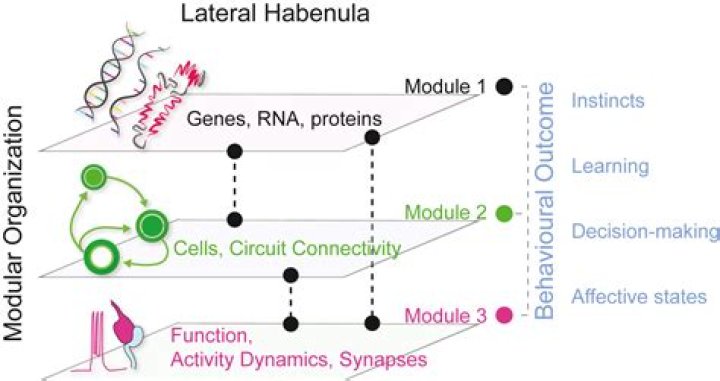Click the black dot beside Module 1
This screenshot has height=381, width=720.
point(505,87)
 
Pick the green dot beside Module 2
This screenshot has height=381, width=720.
point(504,213)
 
